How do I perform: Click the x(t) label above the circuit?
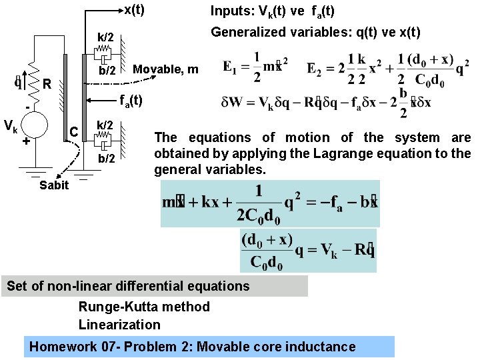pos(134,10)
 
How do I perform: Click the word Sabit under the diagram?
pos(53,185)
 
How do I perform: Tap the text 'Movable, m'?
pos(166,69)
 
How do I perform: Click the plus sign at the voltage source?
pos(25,142)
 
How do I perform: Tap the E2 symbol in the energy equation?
pos(315,68)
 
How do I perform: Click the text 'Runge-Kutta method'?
pos(144,307)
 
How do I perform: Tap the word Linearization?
pos(119,325)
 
